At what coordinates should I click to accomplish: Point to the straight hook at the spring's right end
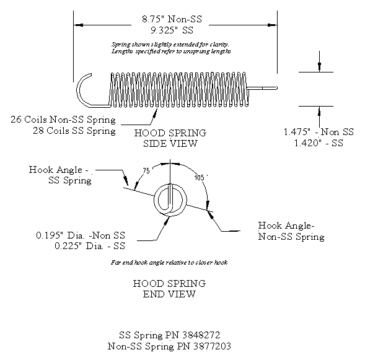point(263,88)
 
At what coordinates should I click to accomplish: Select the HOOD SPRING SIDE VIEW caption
point(170,138)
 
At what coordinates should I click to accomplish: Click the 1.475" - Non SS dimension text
point(318,132)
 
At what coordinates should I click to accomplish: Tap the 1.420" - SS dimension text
point(318,143)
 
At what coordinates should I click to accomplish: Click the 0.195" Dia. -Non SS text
point(80,235)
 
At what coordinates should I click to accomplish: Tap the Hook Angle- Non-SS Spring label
point(291,231)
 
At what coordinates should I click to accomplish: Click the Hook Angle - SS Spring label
point(60,175)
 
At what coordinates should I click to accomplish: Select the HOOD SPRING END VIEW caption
point(170,289)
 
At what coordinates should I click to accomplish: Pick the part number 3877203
point(210,346)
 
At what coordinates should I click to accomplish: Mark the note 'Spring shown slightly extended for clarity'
point(170,45)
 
